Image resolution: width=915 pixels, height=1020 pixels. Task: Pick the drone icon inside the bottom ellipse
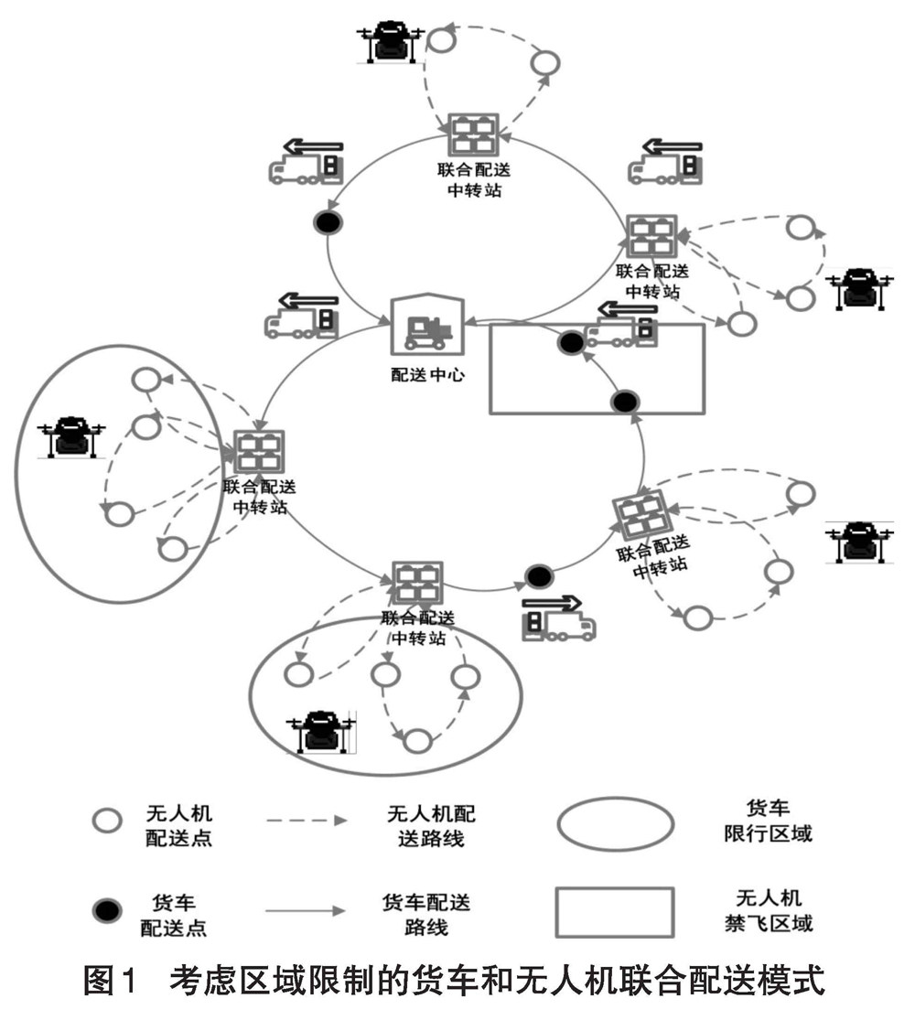tap(323, 731)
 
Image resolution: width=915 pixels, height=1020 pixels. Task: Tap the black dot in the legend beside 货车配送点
tap(107, 910)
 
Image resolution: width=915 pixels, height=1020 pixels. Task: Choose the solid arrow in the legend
tap(307, 911)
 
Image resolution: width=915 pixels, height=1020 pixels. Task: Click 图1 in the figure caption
tap(109, 984)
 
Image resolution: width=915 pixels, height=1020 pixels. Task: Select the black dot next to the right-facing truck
tap(539, 576)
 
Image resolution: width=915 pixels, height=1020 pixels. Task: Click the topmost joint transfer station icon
tap(473, 134)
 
